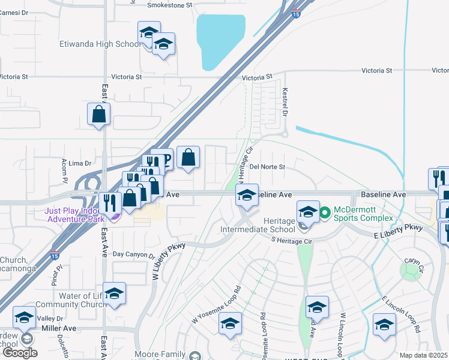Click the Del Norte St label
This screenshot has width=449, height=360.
pos(267,167)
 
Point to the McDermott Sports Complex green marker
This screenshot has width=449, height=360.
pos(325,212)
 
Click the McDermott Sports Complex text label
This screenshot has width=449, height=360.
pos(363,213)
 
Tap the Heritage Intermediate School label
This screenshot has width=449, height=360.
pos(266,225)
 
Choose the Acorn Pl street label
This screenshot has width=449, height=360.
pos(64,172)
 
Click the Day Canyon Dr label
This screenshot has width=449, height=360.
pos(133,254)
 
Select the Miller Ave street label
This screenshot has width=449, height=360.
pos(59,328)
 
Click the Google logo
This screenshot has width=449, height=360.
pos(20,353)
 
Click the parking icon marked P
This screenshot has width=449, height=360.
pos(166,160)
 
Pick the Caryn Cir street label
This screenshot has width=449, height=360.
pos(412,262)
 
